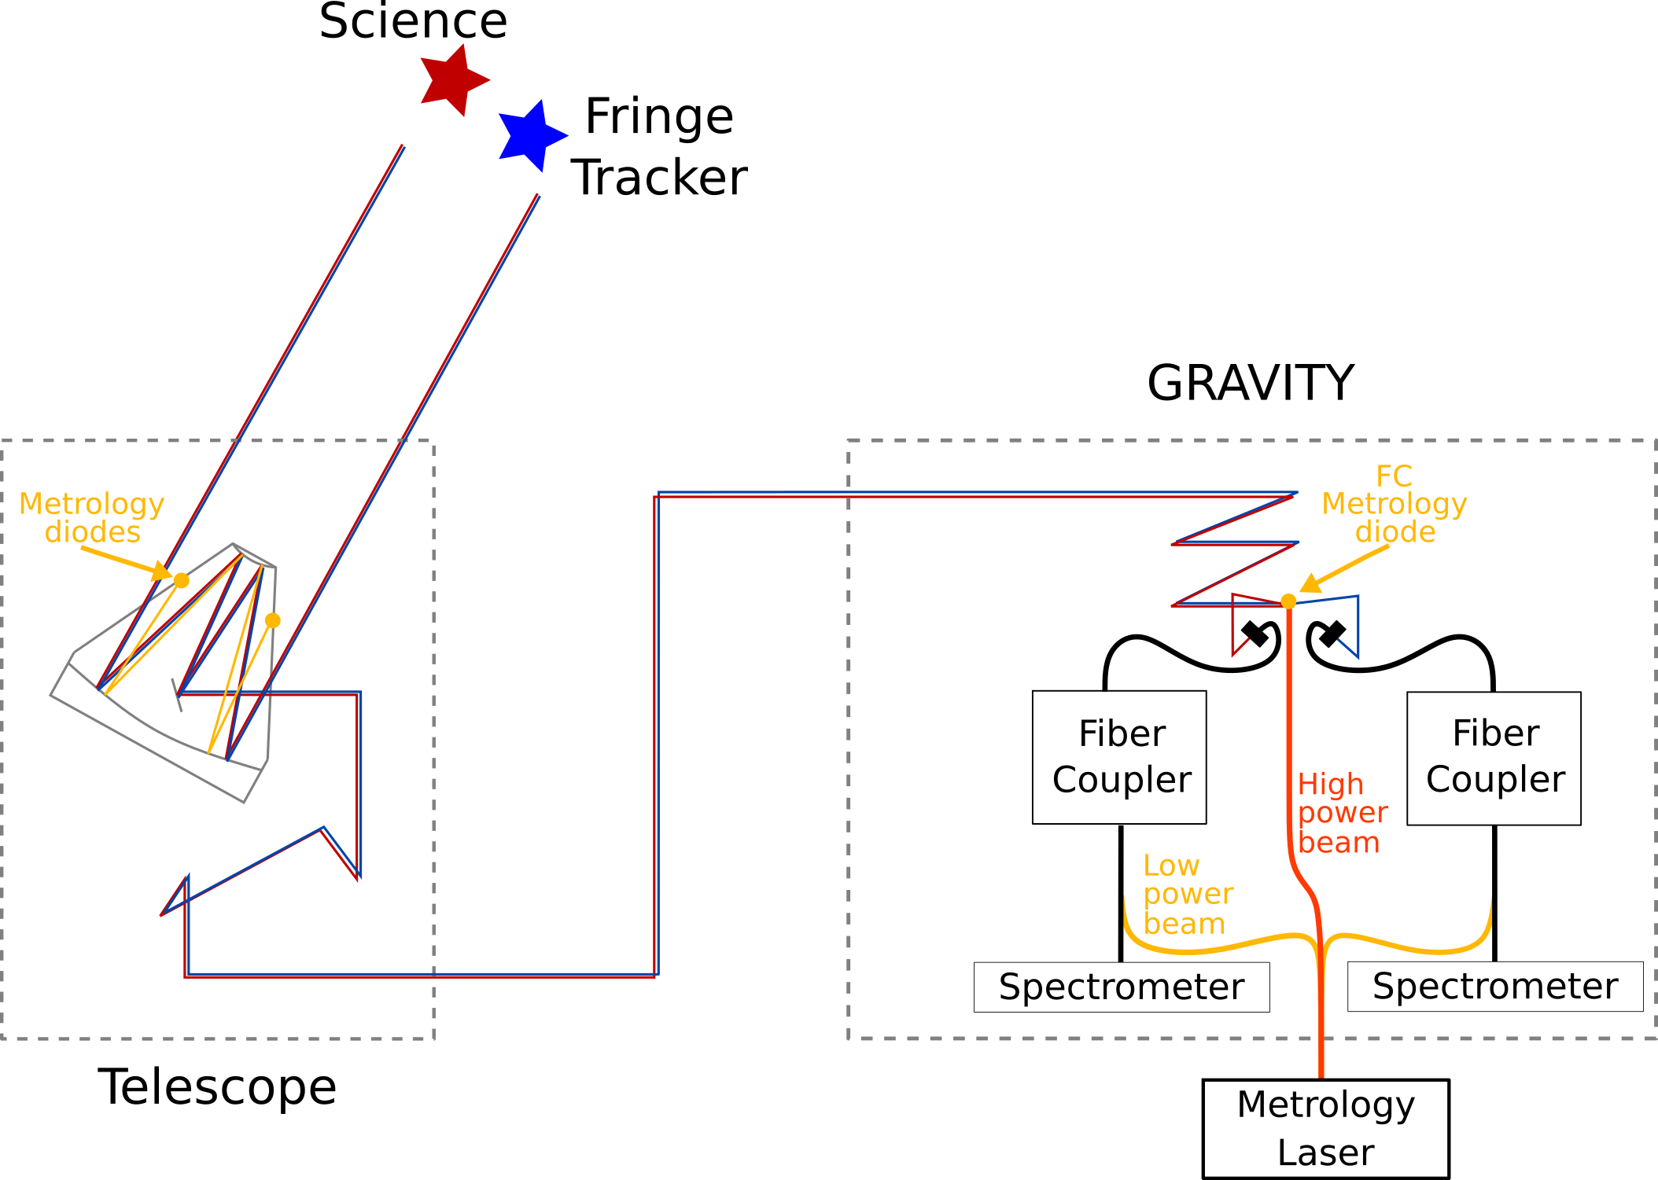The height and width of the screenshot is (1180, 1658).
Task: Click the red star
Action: (452, 80)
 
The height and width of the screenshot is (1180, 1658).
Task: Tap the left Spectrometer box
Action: (1121, 987)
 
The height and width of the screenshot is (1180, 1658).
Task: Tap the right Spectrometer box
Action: (1494, 986)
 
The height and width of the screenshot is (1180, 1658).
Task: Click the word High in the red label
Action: (1330, 785)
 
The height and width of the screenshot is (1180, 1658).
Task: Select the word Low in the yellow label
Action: (1171, 866)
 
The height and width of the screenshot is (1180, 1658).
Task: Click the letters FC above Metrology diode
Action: (1394, 476)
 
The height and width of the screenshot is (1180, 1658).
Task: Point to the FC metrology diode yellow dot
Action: (1288, 601)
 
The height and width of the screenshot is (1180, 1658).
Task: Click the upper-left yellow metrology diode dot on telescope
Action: (182, 580)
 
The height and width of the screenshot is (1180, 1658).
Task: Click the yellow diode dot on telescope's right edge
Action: (273, 620)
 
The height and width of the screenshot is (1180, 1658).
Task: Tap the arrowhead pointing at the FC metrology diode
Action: (1309, 585)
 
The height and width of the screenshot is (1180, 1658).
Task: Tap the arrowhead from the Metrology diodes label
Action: (163, 572)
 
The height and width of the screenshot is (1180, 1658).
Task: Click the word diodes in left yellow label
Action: (93, 532)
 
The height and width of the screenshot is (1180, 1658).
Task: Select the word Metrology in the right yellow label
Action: (1394, 504)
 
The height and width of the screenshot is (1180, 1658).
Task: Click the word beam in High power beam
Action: (1339, 843)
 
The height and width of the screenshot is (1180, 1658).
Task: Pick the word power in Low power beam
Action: (1188, 895)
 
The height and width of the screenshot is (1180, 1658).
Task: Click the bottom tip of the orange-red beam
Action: (1321, 1075)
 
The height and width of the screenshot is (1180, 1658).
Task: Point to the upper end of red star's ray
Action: (403, 146)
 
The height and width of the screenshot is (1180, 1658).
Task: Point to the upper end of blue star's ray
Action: (538, 195)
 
